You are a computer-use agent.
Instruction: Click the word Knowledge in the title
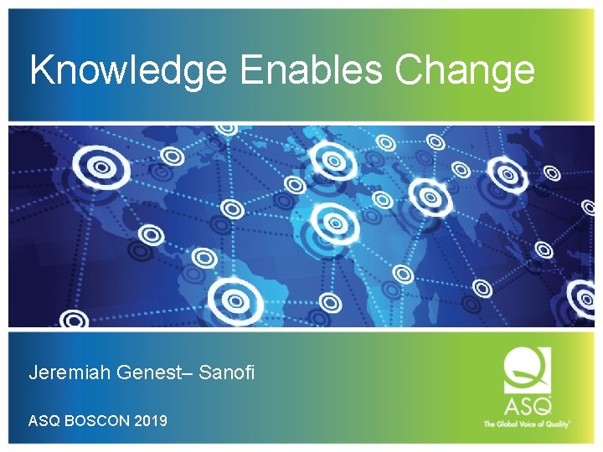[x=128, y=70]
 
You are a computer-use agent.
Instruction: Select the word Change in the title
[x=465, y=70]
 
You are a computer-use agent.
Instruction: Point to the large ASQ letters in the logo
[x=527, y=406]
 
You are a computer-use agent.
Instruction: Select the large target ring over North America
[x=101, y=167]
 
